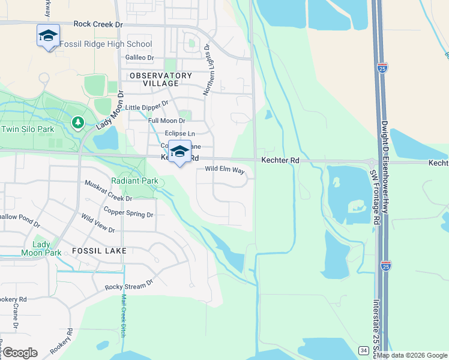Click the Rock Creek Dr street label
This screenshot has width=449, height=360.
(x=98, y=24)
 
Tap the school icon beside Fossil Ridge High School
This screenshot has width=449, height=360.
(x=48, y=36)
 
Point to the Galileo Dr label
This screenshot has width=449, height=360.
(x=140, y=58)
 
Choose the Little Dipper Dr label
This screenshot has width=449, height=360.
(x=146, y=107)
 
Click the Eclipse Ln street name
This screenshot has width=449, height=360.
(x=179, y=133)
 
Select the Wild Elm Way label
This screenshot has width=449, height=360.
(x=224, y=170)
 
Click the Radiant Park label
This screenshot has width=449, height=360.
(x=134, y=181)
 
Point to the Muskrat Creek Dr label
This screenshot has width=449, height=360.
(x=108, y=190)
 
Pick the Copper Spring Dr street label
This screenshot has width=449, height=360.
(x=128, y=212)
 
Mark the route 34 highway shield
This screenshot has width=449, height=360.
(x=363, y=350)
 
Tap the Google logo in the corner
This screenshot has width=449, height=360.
(x=20, y=353)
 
